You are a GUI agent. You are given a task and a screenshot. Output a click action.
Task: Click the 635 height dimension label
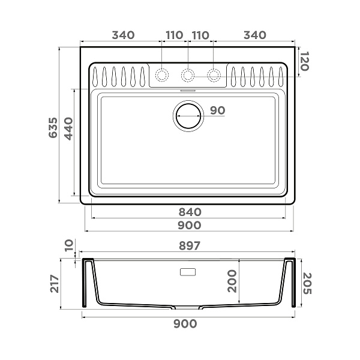tap(53, 128)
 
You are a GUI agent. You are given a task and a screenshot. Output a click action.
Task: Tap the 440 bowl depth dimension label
tap(68, 128)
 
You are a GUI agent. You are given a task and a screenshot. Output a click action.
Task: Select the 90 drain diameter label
tap(218, 110)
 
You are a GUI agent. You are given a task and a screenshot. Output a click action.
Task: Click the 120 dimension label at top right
tap(304, 61)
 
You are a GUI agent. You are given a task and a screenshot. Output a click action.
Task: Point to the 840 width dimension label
tap(190, 212)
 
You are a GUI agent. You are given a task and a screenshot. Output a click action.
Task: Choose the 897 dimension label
tap(190, 246)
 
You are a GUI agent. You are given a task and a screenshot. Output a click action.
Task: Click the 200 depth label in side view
tap(232, 281)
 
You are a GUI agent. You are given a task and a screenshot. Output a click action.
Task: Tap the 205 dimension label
tap(307, 283)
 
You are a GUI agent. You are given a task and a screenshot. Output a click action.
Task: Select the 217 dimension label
tap(55, 284)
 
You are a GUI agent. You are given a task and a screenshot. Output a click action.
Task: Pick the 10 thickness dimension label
tap(68, 245)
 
